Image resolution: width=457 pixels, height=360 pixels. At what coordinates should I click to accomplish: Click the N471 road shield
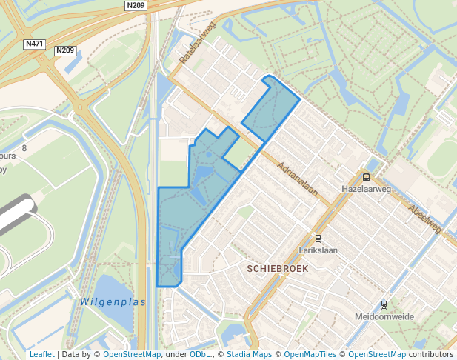coord(34,44)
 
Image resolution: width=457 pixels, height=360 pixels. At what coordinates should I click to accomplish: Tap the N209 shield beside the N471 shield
coord(65,50)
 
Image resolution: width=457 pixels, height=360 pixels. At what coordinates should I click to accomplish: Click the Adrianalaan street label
coord(297,180)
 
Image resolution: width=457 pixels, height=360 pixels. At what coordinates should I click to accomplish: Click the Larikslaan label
coord(318,250)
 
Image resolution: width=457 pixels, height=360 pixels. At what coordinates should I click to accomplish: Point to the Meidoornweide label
coord(384,316)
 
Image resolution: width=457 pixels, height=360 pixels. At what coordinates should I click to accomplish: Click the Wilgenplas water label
coord(113,302)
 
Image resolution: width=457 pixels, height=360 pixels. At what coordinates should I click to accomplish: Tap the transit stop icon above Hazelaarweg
coord(366,177)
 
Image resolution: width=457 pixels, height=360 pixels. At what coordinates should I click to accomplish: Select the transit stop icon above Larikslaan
coord(318,239)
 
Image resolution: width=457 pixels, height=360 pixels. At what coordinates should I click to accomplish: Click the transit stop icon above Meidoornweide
coord(384,304)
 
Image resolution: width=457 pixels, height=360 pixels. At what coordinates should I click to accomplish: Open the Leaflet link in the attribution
coord(41,355)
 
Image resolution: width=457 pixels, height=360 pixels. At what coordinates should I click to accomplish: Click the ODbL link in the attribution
coord(201,355)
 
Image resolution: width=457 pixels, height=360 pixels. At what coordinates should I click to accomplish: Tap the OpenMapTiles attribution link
coord(310,355)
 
